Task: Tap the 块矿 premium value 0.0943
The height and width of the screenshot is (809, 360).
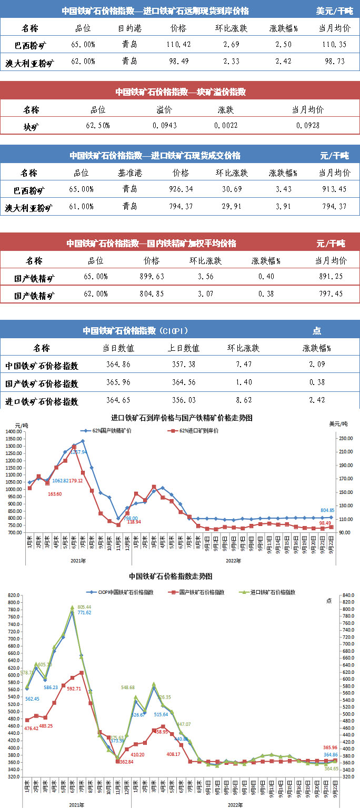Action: pos(164,126)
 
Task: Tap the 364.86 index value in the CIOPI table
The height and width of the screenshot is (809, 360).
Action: pos(118,364)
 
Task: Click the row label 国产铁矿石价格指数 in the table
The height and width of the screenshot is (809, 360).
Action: pos(42,383)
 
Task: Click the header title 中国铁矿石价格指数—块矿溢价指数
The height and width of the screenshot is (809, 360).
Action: pos(181,92)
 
